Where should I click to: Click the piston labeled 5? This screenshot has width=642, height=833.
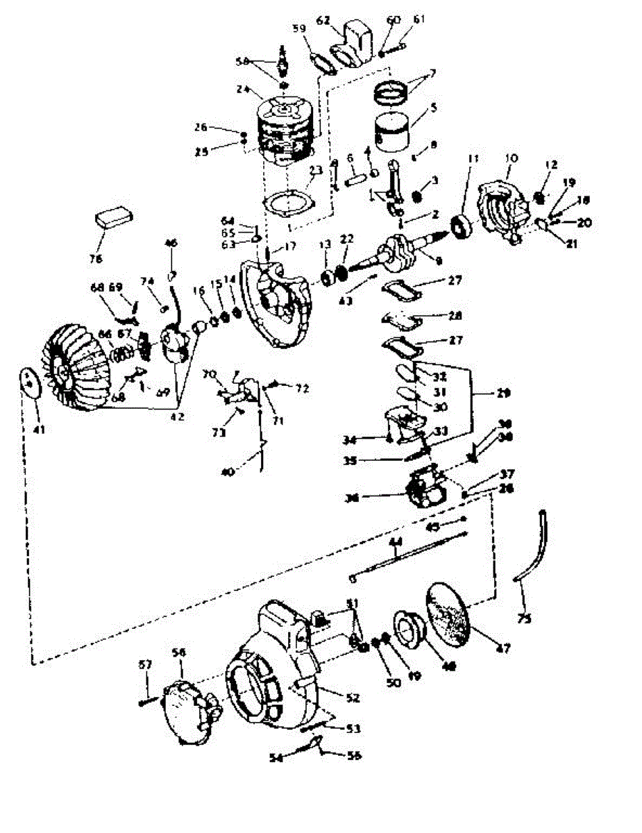tap(391, 132)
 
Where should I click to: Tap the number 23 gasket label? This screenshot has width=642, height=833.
tap(316, 169)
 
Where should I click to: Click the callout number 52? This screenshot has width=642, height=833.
tap(354, 695)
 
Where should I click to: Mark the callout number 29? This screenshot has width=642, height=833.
tap(503, 393)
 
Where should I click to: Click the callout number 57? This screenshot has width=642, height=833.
tap(145, 664)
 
